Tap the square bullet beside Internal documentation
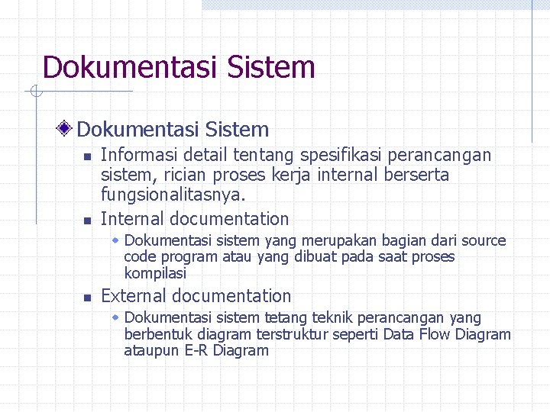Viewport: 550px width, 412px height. [88, 221]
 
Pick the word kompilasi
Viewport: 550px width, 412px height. [155, 273]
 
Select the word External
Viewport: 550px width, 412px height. [134, 296]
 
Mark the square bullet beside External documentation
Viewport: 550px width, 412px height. [88, 298]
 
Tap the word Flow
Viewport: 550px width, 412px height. [435, 334]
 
